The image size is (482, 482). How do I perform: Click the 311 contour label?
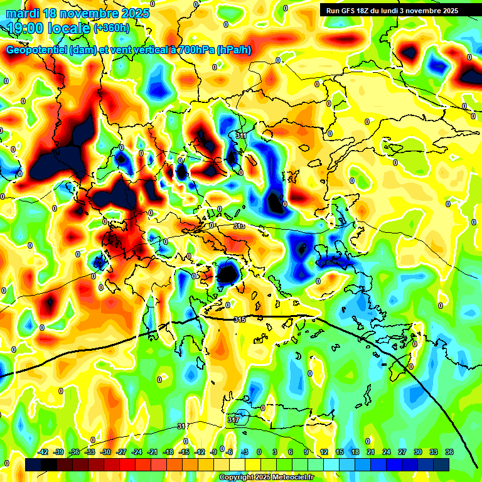point(241,136)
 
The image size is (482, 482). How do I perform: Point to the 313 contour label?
point(239,226)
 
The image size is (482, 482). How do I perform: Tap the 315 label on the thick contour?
point(239,320)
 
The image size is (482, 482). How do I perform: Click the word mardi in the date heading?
point(22,13)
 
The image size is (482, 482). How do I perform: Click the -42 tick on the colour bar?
point(43,452)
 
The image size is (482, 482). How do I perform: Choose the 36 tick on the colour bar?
point(449,452)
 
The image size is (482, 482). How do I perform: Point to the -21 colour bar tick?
point(153,452)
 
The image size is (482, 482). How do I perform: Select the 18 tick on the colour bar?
point(355,452)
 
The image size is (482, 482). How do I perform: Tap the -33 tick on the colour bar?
point(90,452)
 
